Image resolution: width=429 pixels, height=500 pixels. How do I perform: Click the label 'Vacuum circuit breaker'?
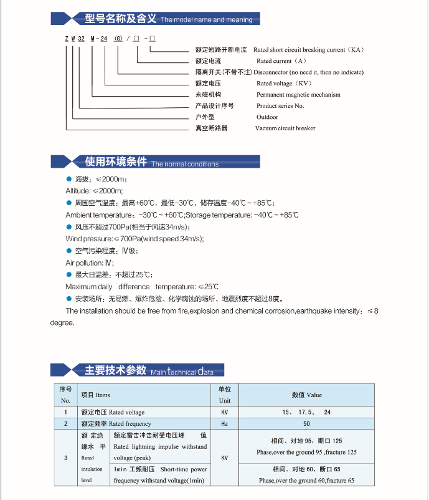[x=285, y=128]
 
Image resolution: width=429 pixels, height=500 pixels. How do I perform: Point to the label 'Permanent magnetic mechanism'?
[x=298, y=95]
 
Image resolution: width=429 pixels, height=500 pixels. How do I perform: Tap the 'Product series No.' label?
[x=280, y=106]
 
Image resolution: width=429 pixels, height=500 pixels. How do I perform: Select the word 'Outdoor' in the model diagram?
[x=267, y=117]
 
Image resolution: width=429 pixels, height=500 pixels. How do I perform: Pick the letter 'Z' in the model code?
[x=66, y=39]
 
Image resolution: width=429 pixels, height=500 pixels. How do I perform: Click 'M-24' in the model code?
[x=102, y=39]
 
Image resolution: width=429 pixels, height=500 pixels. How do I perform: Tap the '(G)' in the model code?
[x=119, y=39]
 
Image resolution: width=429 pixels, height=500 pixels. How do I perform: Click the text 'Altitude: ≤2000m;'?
[x=95, y=190]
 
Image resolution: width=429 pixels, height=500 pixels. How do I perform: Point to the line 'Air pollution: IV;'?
[x=90, y=263]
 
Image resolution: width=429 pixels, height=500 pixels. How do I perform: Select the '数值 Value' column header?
[x=307, y=395]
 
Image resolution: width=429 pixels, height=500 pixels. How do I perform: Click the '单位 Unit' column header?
[x=224, y=395]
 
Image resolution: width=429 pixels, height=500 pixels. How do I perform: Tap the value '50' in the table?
[x=306, y=424]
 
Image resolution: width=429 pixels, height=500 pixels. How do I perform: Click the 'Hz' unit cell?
[x=224, y=424]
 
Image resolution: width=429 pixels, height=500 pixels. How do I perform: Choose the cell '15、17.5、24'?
[x=306, y=412]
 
